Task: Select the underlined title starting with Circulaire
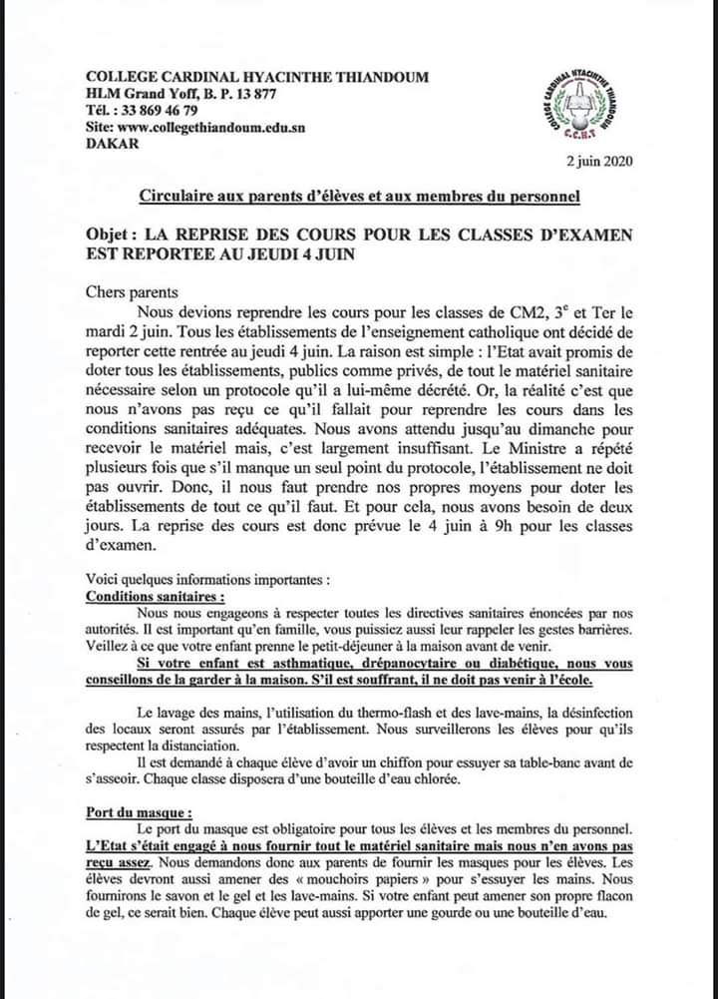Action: coord(359,196)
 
